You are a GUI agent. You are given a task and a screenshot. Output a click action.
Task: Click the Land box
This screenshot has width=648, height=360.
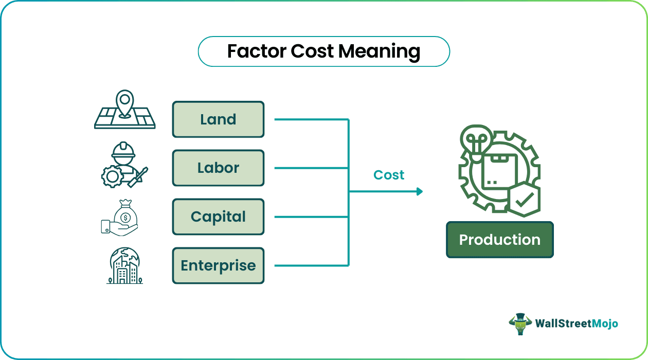pos(218,119)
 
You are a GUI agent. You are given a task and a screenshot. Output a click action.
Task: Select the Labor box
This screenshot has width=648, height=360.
pos(218,168)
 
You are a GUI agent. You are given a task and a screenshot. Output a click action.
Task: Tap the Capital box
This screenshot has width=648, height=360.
pos(218,217)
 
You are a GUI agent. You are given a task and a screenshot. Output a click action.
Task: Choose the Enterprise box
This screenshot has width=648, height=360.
pos(218,266)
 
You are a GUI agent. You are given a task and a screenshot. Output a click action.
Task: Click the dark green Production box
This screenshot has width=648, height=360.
pos(499,240)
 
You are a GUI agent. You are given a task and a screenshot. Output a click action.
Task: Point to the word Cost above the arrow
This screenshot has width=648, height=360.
pos(389,175)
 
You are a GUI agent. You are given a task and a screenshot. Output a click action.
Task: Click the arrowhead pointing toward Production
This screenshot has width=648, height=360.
pos(419,191)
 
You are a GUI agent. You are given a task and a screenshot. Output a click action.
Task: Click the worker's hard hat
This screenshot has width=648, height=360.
pos(123,150)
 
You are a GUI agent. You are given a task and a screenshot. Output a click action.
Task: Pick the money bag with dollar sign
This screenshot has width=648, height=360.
pos(125,212)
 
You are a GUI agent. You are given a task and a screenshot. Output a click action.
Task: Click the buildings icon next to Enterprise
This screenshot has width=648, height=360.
pos(124,266)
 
